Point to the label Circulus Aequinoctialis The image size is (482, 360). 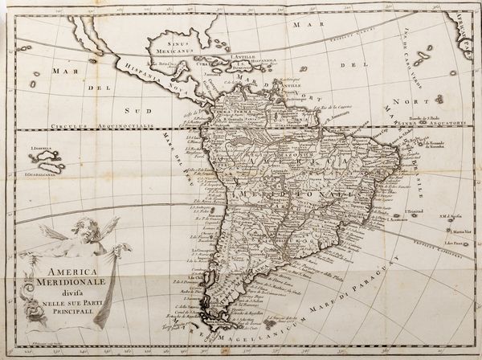(x=88, y=128)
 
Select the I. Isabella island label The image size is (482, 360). (x=41, y=148)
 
